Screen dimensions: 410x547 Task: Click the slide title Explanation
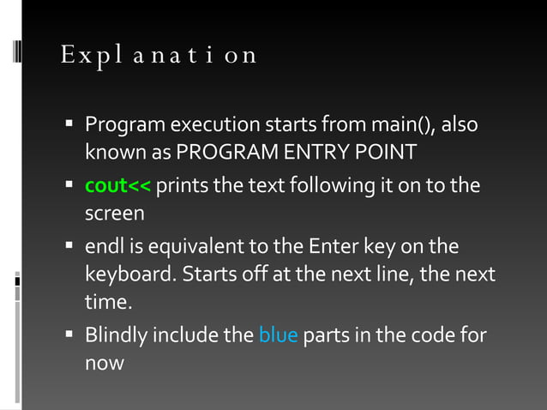159,55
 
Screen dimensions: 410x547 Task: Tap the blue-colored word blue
278,335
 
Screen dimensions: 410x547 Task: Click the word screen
114,214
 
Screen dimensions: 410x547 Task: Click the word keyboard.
124,275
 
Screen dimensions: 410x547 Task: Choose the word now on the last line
104,363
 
